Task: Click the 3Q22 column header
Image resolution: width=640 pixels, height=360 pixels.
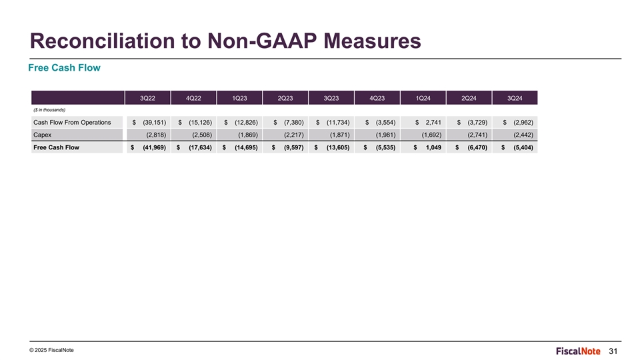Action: point(147,98)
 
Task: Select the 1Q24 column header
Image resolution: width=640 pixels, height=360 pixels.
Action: point(423,98)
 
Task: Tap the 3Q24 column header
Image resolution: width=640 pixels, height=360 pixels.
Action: point(515,98)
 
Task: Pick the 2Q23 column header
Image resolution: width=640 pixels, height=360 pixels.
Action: point(285,98)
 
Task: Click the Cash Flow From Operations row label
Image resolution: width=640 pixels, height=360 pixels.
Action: point(72,123)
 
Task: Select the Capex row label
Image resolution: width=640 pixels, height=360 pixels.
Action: point(43,135)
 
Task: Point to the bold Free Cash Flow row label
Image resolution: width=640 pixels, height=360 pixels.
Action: point(56,147)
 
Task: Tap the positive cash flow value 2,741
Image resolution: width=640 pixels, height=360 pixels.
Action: point(433,123)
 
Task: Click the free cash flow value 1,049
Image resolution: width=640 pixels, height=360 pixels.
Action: point(433,147)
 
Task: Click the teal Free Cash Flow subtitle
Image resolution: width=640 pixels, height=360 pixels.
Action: point(65,68)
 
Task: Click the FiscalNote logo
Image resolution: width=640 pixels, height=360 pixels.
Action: point(578,351)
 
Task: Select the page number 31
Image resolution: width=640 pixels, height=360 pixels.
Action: point(613,351)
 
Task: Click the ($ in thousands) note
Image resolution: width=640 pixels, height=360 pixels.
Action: point(49,110)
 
